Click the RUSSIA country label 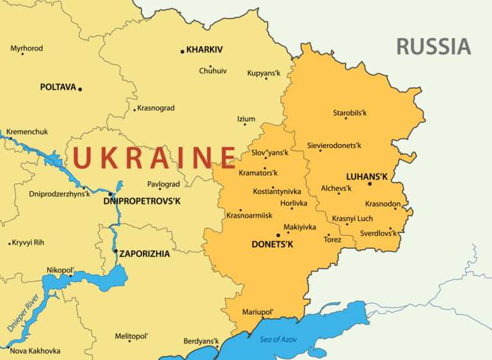point(433,46)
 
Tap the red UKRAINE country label point(154,158)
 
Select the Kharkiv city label point(204,49)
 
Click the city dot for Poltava point(80,89)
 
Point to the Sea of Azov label point(279,339)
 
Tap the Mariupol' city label point(258,312)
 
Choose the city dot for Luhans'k point(370,184)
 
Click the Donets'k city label point(272,244)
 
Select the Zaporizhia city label point(145,254)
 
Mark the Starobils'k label point(350,113)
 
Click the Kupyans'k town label point(264,73)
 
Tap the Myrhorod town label point(27,48)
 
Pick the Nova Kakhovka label point(35,350)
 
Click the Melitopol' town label point(131,336)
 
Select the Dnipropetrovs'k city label point(142,201)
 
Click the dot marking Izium point(245,125)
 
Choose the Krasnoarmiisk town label point(249,215)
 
